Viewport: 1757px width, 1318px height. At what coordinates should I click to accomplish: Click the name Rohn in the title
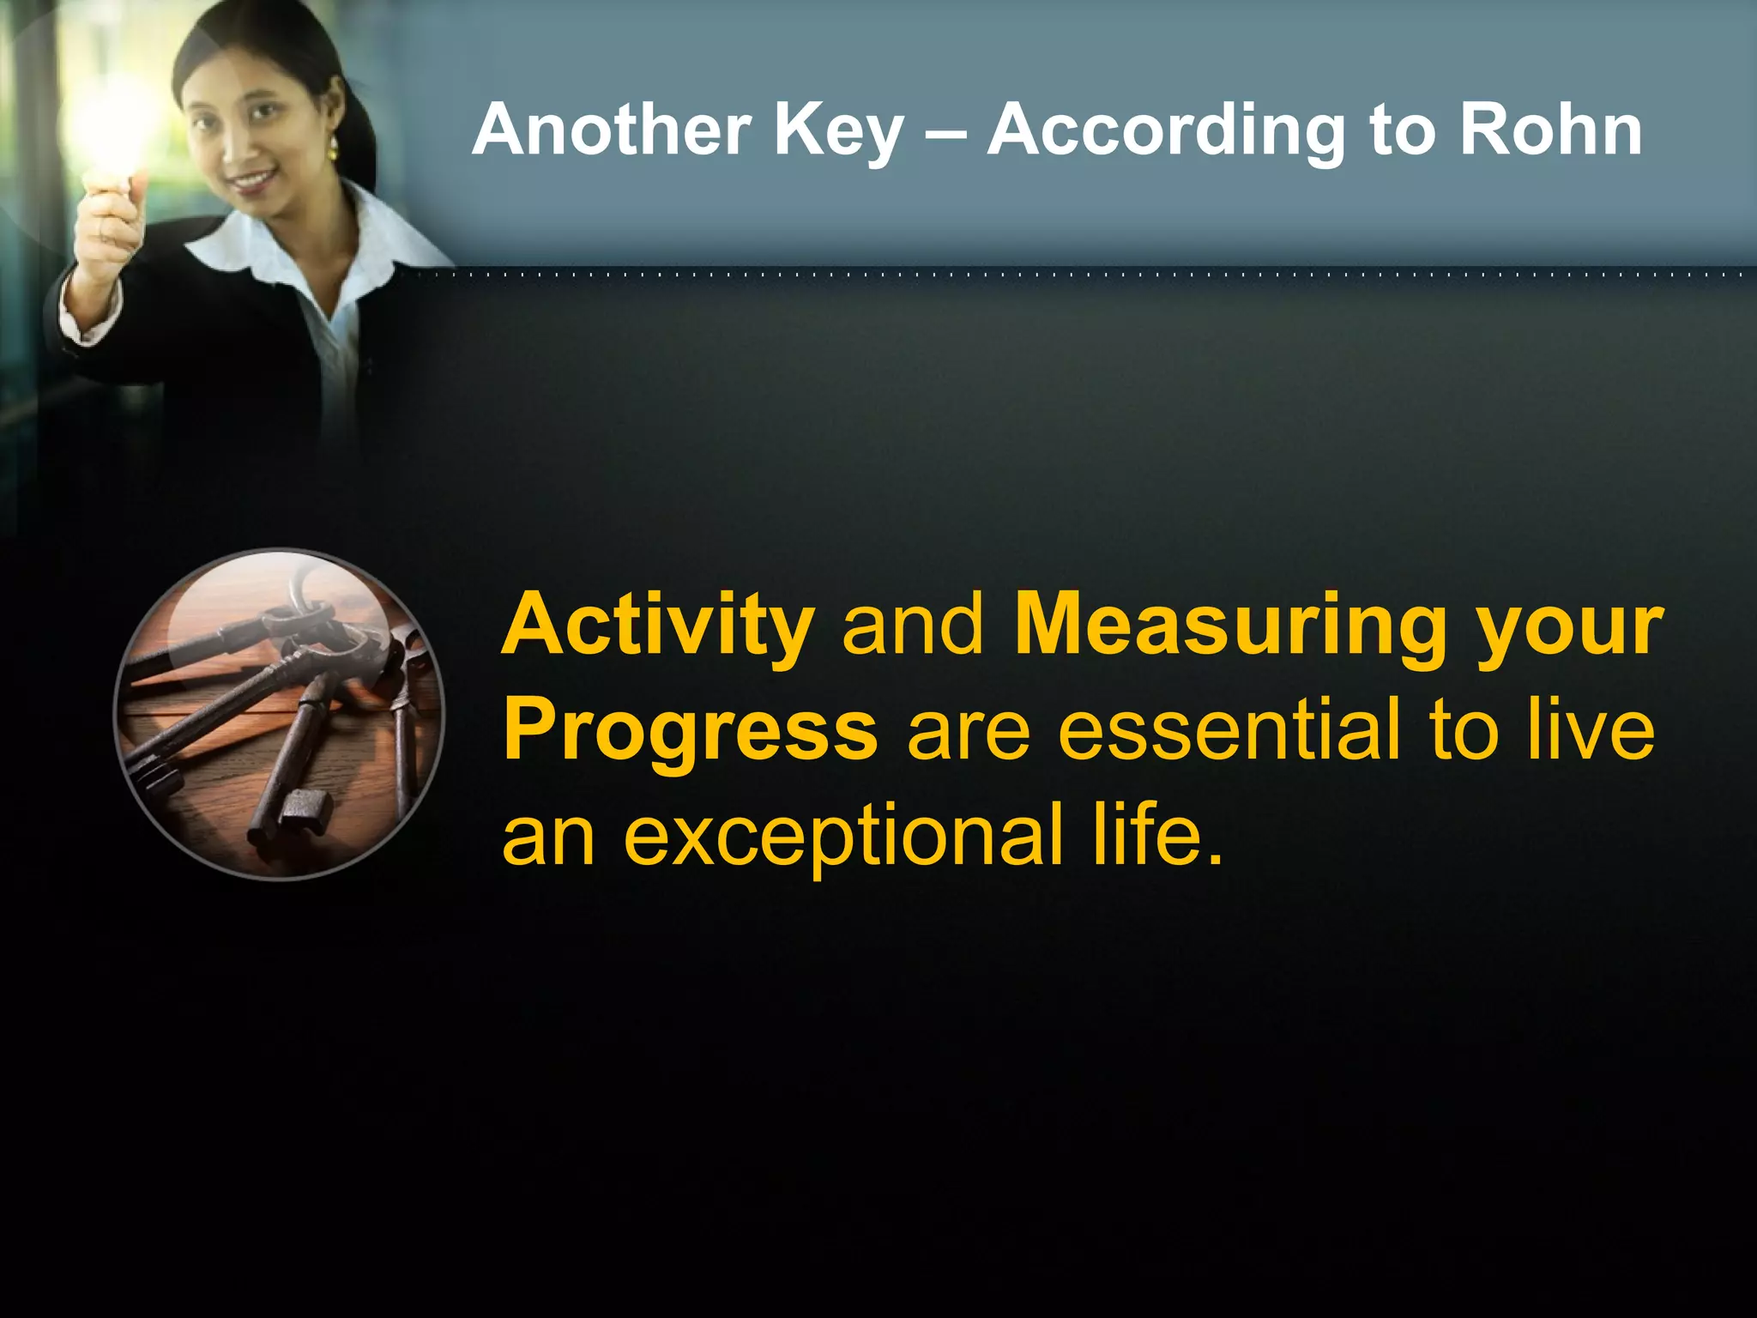tap(1550, 130)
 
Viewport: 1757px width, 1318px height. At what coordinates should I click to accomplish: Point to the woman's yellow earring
tap(333, 151)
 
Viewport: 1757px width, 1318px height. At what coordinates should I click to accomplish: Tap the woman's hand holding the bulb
tap(107, 219)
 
